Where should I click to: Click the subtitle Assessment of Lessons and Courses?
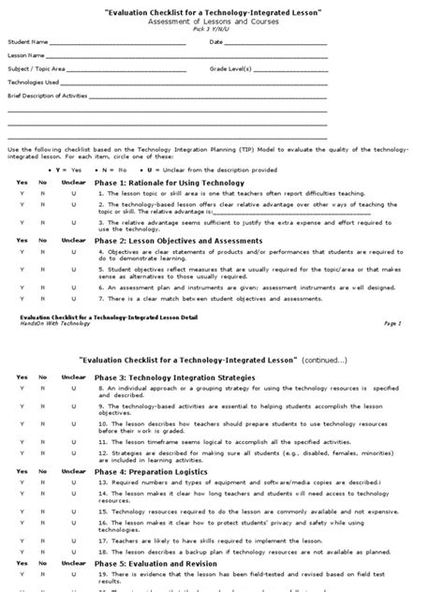click(x=221, y=21)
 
